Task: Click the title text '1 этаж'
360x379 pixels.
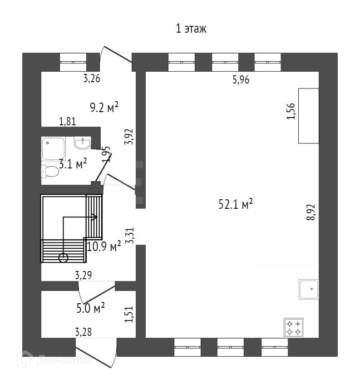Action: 191,30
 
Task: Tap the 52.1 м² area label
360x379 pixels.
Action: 235,205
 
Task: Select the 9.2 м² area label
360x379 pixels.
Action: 104,107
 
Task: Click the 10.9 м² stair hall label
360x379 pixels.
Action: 104,247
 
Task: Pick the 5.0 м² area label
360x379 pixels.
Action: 91,309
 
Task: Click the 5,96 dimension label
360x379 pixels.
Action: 241,80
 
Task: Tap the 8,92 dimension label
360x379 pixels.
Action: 311,212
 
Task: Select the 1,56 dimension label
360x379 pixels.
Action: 291,111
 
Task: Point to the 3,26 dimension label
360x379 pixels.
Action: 92,78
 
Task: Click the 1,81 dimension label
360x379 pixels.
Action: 67,121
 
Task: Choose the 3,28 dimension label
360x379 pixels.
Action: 83,333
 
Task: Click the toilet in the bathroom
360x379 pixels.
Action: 50,171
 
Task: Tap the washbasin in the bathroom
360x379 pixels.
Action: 82,143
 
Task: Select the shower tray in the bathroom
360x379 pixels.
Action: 54,148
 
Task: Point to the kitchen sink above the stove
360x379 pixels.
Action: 309,289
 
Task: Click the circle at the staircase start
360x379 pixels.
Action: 63,258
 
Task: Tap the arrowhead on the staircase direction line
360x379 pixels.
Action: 95,217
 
